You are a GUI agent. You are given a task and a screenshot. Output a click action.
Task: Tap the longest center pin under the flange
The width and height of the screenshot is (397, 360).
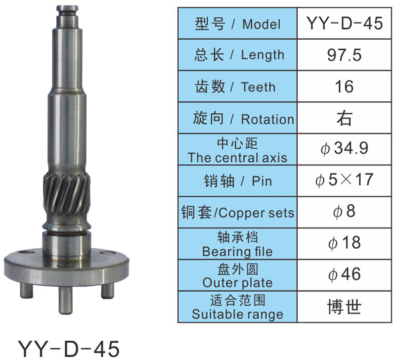pos(66,300)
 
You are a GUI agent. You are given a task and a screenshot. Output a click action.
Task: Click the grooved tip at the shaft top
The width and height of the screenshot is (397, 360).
pos(67,11)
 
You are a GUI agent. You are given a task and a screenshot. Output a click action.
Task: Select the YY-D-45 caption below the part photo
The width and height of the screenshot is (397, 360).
pos(69,349)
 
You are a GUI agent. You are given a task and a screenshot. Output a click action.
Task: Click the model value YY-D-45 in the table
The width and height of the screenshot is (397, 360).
pos(344,23)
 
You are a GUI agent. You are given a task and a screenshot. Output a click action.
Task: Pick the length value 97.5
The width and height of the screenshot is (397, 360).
pos(344,55)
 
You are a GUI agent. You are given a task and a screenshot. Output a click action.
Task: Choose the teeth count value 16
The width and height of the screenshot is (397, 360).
pos(344,86)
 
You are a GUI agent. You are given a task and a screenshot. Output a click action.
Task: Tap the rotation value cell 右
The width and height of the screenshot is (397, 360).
pos(344,118)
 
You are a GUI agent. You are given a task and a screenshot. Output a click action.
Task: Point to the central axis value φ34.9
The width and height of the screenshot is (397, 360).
pos(344,148)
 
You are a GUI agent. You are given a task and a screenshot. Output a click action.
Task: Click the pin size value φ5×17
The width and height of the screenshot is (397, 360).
pos(344,180)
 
